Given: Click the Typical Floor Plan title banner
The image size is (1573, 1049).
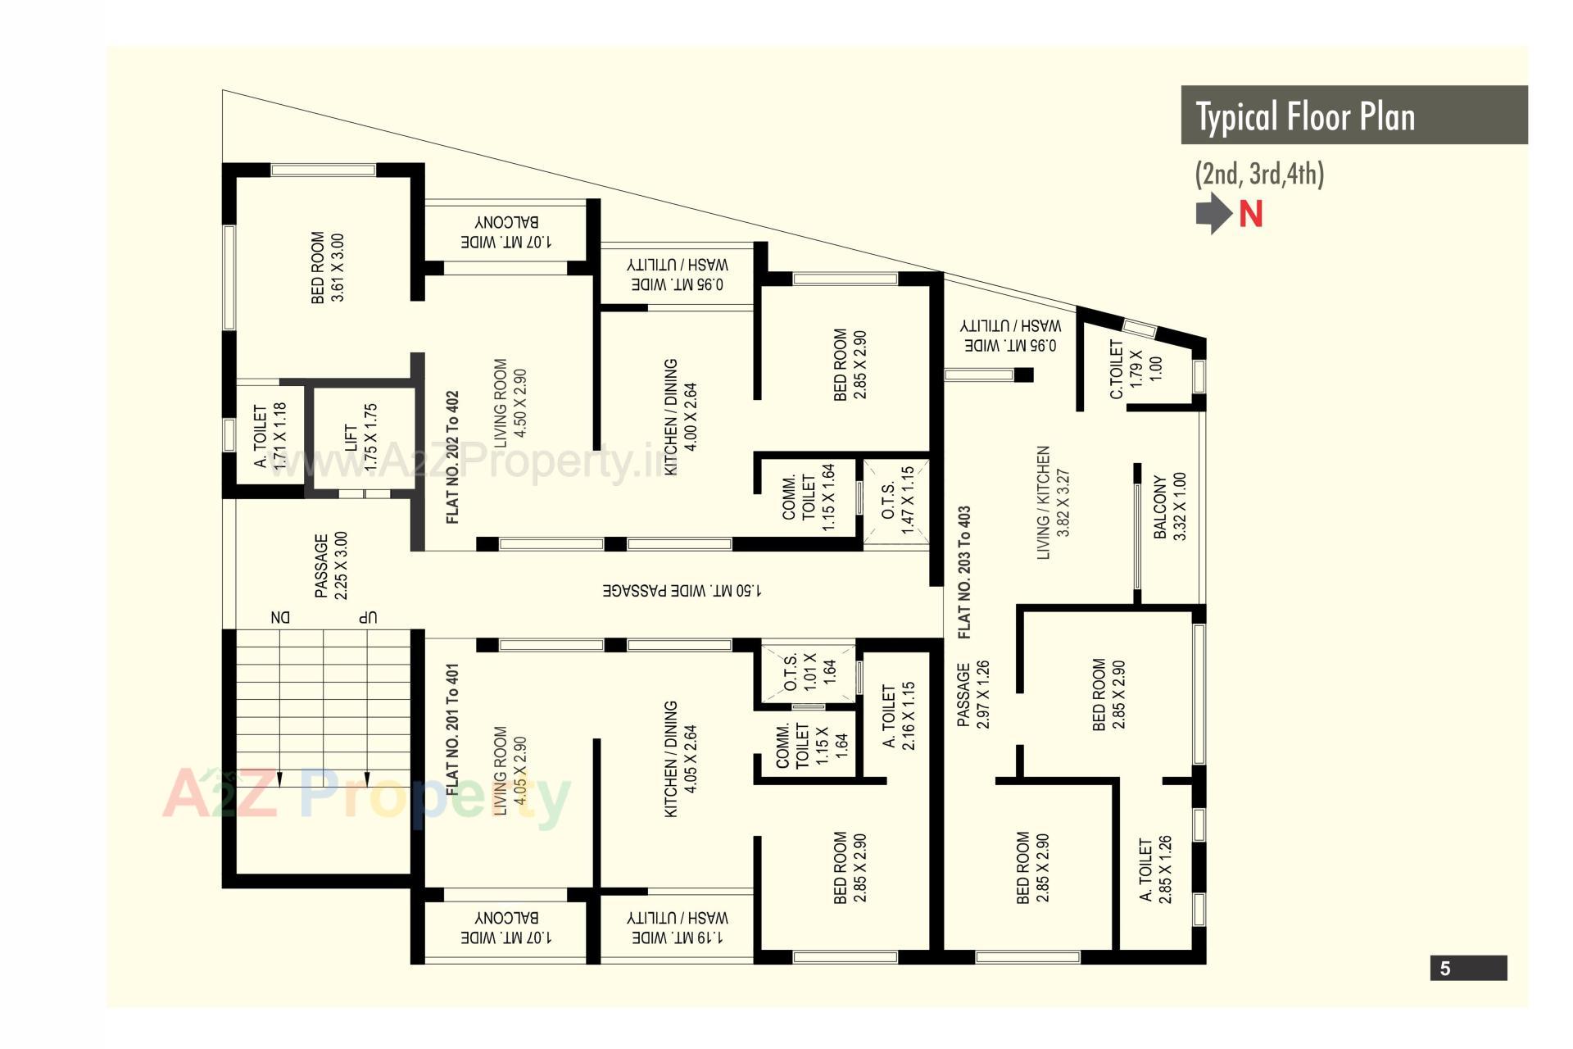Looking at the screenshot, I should tap(1353, 116).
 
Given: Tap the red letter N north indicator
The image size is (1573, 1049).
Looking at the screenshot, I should tap(1250, 214).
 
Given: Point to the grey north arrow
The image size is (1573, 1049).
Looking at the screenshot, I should tap(1213, 213).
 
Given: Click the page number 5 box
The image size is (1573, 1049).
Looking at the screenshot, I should tap(1468, 968).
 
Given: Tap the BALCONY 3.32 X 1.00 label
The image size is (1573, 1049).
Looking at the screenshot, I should tap(1170, 506).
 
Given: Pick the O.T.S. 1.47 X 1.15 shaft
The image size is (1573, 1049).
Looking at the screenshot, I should tap(897, 501).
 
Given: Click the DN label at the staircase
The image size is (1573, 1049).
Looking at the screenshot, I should tap(280, 617).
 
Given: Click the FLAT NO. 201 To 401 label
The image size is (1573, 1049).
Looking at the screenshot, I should tap(451, 729).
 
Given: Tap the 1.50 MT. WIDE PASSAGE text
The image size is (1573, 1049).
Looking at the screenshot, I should tap(682, 590).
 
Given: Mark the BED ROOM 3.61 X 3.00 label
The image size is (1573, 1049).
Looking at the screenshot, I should tap(327, 267).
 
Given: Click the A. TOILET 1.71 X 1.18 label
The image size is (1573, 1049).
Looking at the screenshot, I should tap(270, 436).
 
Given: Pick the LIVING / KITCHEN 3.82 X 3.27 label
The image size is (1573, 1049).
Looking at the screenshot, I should tap(1053, 502).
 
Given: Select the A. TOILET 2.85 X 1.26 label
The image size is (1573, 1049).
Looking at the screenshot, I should tap(1155, 870).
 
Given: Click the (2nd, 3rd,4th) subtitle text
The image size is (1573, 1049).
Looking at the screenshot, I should tap(1259, 174).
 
